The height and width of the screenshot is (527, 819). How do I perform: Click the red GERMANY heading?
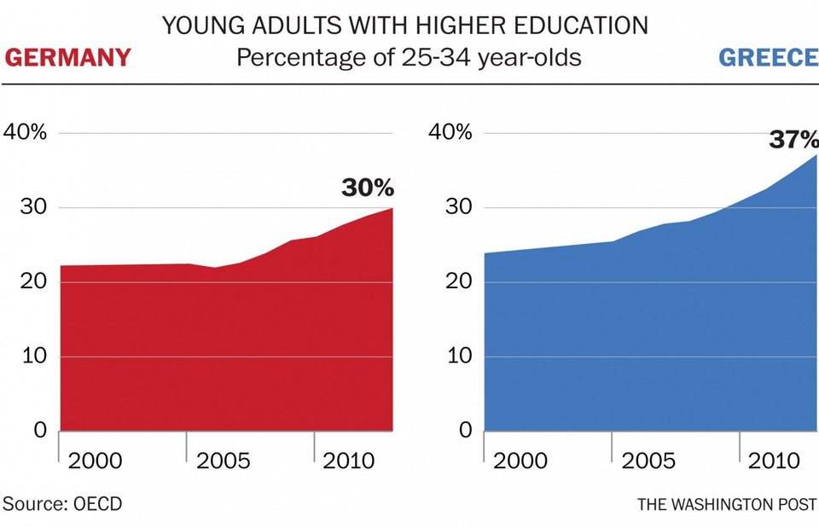[68, 58]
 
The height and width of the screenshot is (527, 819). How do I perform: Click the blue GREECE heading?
[768, 58]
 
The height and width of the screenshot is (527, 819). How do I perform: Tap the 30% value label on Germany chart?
[368, 188]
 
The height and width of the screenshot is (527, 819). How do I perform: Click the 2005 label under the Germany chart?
[223, 461]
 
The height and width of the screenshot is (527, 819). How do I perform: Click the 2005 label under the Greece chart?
[648, 461]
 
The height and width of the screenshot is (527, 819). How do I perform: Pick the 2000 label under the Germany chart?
[95, 461]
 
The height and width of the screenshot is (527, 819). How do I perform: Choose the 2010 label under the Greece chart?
[775, 461]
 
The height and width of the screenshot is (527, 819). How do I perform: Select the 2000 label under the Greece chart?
[521, 461]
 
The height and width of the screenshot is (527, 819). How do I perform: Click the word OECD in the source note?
[96, 504]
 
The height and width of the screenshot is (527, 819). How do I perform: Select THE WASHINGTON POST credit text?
[728, 504]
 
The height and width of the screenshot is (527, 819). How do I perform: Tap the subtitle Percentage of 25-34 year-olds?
[409, 59]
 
